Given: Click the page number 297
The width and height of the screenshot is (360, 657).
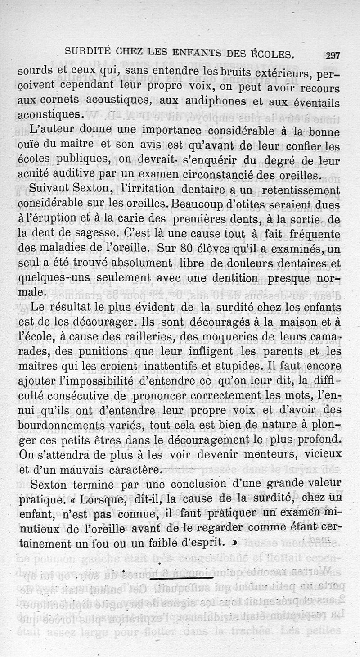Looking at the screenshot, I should [333, 56].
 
